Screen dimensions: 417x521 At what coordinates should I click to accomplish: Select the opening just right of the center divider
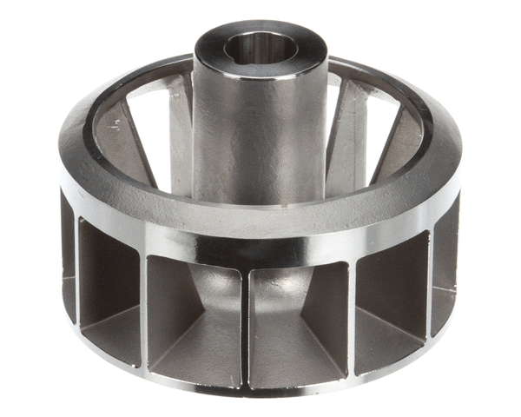[300, 317]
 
